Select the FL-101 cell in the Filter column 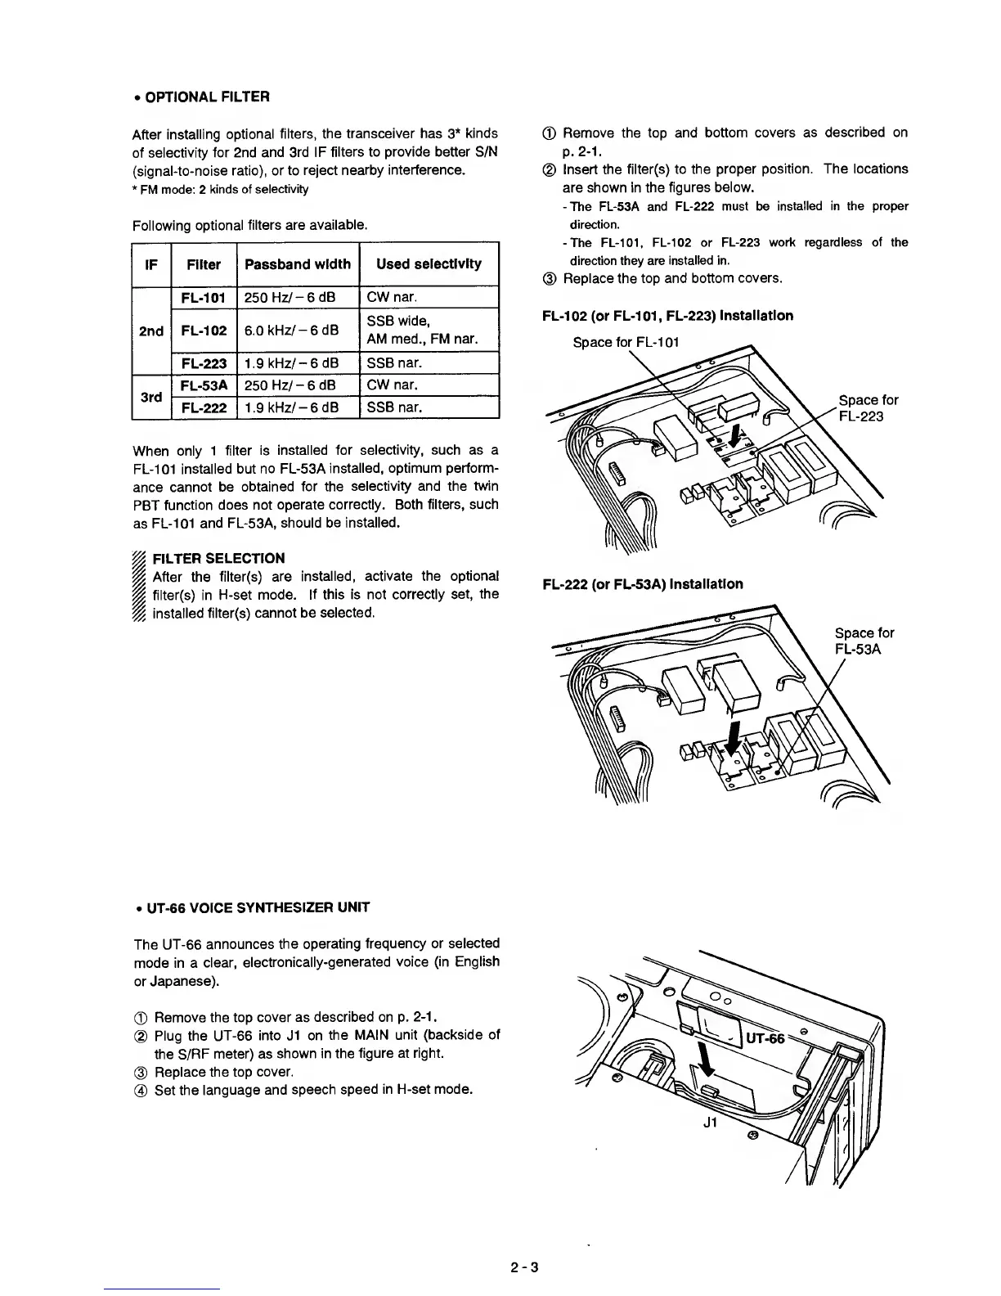tap(204, 298)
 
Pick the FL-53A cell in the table tap(204, 385)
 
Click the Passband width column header tap(298, 264)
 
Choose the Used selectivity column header tap(429, 264)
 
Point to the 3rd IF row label tap(150, 397)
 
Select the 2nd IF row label tap(151, 331)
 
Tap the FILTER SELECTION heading tap(219, 559)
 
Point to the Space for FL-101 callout tap(626, 342)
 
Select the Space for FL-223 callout tap(868, 407)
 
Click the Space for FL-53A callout tap(864, 641)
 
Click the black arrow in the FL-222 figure tap(735, 736)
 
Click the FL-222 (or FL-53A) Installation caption tap(643, 584)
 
